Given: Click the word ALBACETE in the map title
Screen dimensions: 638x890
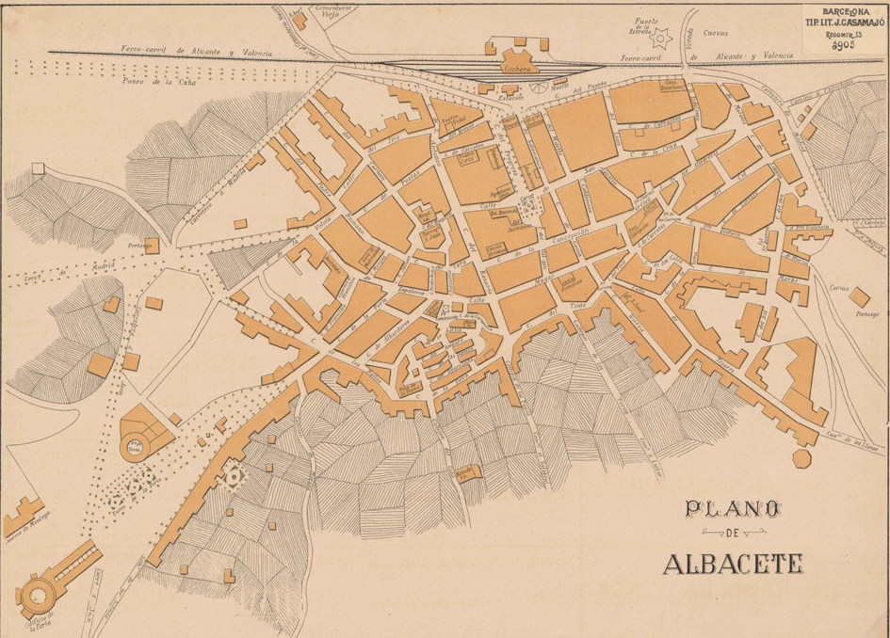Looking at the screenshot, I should [x=733, y=564].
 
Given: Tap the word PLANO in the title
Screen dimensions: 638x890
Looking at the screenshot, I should [x=733, y=509].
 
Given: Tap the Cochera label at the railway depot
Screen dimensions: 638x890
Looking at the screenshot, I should [x=516, y=69].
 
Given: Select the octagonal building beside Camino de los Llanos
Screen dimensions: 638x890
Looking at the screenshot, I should [x=801, y=458].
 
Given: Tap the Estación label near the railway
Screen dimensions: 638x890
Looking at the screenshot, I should [x=510, y=95].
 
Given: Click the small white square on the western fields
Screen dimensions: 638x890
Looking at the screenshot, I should [x=37, y=168].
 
